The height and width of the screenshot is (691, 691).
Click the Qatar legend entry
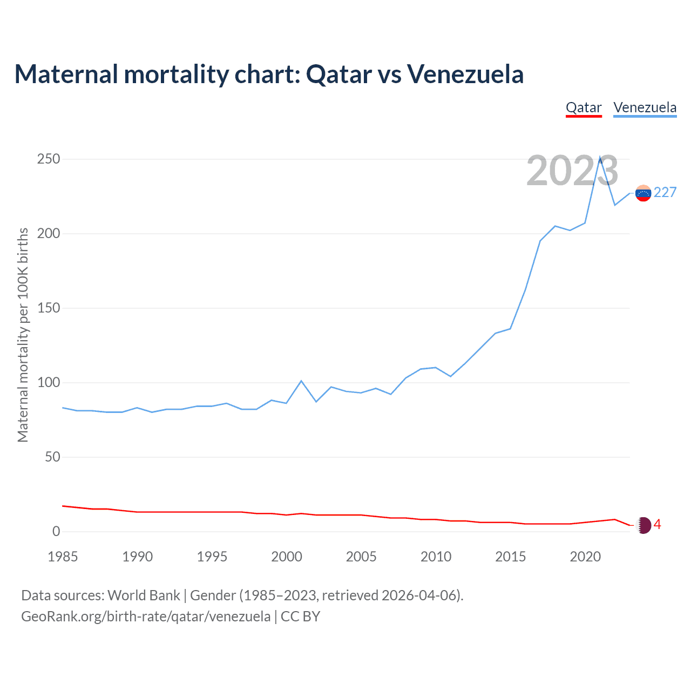584,107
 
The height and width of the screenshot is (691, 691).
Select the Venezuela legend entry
645,107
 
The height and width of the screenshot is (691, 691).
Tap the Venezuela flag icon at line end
643,193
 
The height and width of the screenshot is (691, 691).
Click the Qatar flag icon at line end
643,525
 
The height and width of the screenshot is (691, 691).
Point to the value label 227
665,193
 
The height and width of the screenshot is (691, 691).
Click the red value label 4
658,525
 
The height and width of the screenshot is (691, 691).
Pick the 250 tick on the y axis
49,159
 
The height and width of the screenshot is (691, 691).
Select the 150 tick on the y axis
49,308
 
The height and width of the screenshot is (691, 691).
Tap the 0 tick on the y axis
56,532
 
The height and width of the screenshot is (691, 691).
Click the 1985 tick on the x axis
63,557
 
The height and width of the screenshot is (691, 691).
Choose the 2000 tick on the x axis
287,557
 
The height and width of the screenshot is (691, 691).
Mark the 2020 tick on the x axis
585,557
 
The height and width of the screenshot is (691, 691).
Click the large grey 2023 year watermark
572,171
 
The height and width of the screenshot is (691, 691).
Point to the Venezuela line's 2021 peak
600,157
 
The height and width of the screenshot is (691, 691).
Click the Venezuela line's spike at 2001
301,381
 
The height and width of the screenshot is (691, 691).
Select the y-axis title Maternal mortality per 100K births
23,335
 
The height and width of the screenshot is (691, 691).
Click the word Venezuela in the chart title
465,74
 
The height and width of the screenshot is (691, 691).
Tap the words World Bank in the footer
144,595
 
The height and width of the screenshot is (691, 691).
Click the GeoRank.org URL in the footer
146,617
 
